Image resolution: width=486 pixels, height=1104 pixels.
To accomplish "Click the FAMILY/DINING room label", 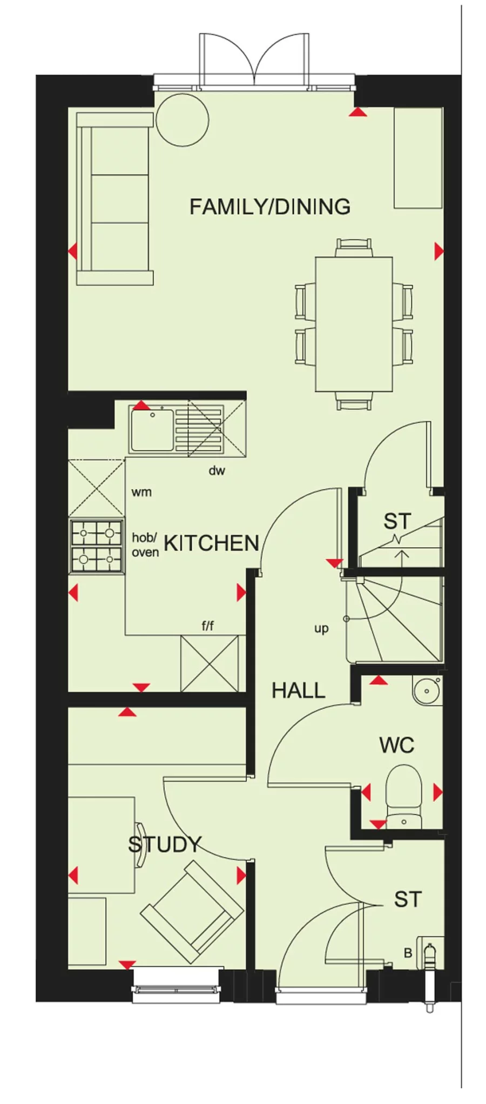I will (x=269, y=206).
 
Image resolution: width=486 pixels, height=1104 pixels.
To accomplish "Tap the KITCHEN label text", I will (x=211, y=543).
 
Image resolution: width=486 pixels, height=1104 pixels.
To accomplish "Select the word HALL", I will (x=298, y=690).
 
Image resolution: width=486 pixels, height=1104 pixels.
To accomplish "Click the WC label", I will (x=396, y=745).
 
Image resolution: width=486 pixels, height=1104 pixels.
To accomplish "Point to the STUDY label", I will (x=164, y=844).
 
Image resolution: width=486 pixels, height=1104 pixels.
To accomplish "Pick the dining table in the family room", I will (x=354, y=324).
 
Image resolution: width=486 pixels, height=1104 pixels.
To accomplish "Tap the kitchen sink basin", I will (x=152, y=429).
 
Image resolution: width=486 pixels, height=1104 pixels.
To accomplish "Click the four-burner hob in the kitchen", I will (x=97, y=546).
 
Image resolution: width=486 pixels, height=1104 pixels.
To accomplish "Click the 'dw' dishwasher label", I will (x=217, y=470).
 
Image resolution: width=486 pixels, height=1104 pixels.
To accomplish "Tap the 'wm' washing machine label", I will (x=141, y=492).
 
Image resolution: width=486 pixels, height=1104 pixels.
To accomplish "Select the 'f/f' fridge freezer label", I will (x=207, y=626).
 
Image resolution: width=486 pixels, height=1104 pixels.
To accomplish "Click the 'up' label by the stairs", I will (x=321, y=629).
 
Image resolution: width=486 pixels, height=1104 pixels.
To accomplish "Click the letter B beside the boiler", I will (x=408, y=953).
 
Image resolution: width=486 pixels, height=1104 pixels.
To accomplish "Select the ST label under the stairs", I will (x=397, y=521).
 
